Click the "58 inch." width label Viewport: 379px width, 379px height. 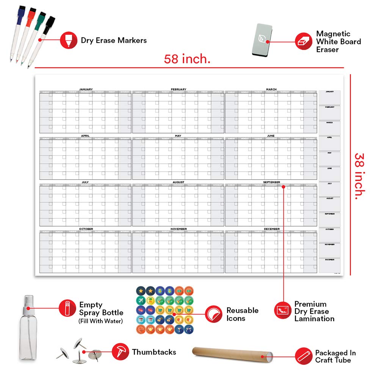187,59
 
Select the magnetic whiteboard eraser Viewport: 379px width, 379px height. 262,40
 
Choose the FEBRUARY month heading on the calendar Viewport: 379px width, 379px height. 179,89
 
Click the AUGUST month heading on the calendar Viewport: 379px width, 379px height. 179,182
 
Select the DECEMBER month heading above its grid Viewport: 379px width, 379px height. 271,229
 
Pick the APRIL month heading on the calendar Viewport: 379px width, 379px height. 85,136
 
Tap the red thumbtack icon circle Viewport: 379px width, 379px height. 120,352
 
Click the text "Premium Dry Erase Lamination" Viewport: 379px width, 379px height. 314,311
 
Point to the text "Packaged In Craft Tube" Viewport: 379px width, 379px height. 335,356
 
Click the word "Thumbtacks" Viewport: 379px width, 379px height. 154,352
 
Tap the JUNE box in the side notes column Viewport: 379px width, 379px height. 329,173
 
